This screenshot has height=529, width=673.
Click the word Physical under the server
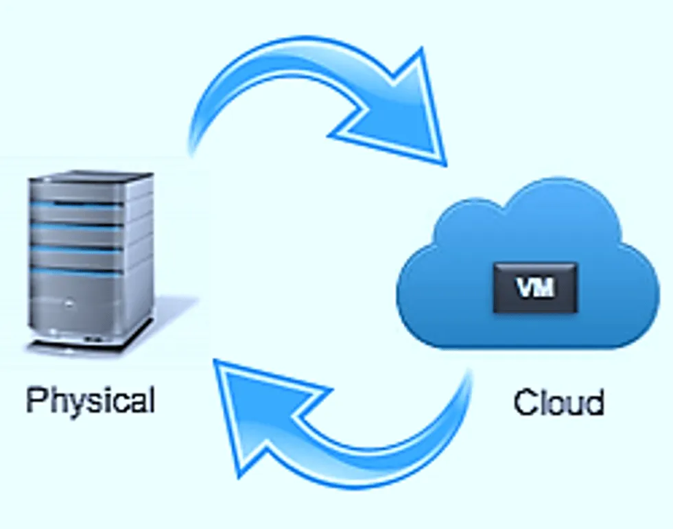[90, 400]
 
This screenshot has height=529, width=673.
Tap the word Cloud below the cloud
[558, 403]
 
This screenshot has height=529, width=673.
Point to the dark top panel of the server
[89, 177]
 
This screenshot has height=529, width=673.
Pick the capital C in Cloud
[524, 403]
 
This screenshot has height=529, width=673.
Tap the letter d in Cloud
[594, 401]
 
